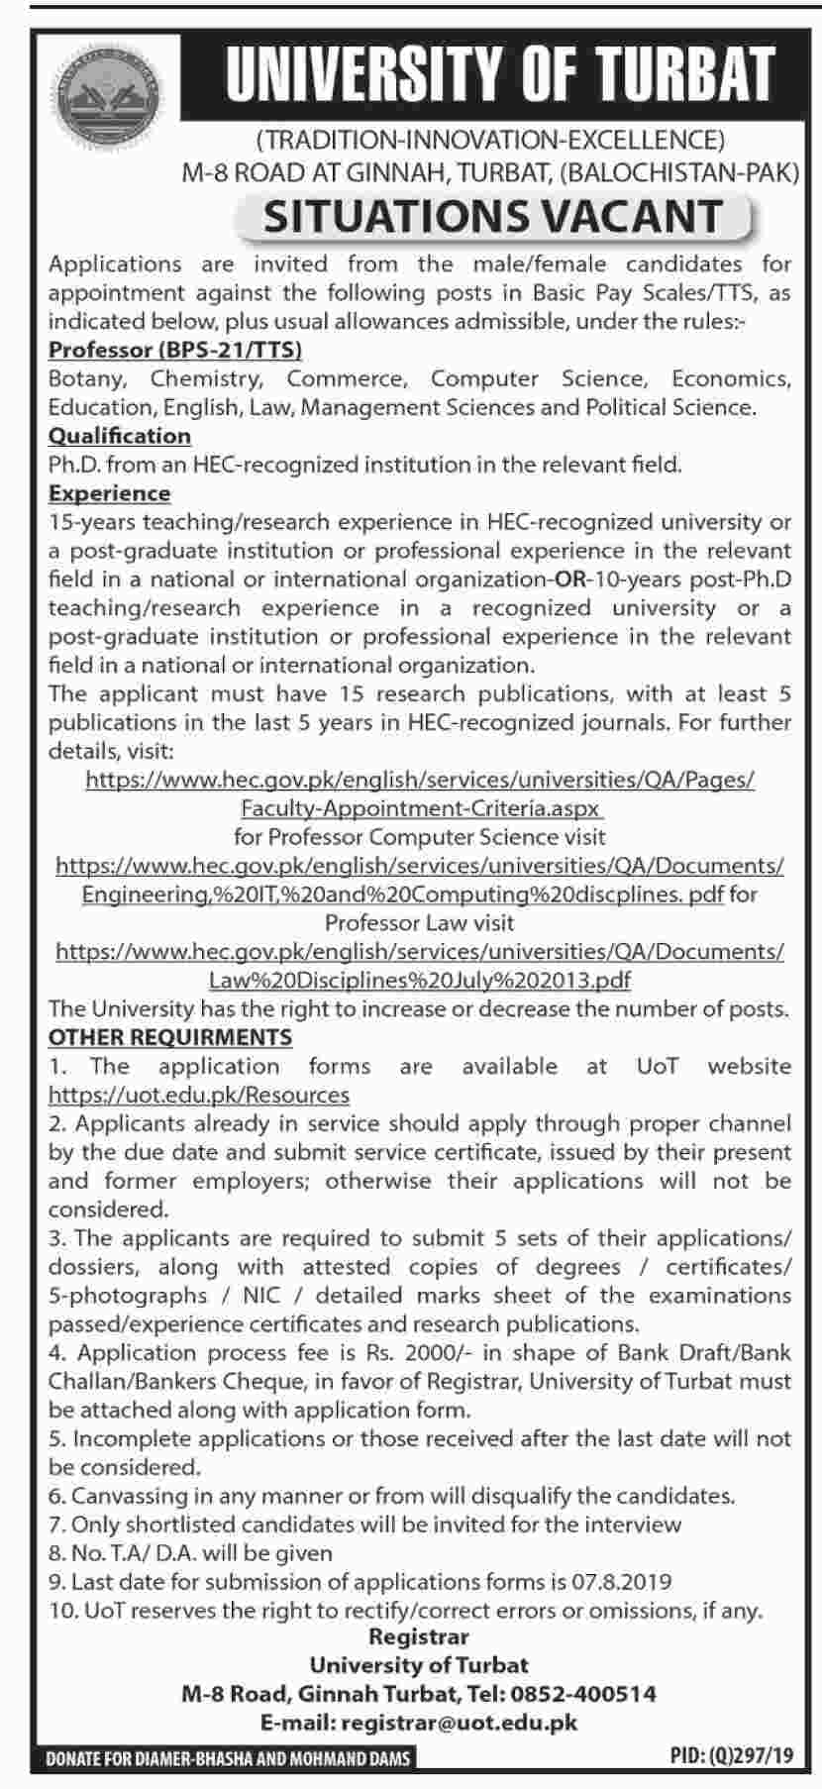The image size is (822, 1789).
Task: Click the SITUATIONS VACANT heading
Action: (x=492, y=216)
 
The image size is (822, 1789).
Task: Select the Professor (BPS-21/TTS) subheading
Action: (x=175, y=350)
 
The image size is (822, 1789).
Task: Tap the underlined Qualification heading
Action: (x=120, y=436)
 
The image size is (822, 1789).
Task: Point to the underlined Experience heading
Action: (x=109, y=493)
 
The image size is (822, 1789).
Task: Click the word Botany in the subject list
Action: (x=86, y=378)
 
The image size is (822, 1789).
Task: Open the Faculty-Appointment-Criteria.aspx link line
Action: (x=420, y=808)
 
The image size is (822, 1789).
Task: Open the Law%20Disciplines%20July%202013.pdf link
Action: (x=420, y=981)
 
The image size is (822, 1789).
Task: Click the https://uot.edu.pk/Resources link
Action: (x=198, y=1096)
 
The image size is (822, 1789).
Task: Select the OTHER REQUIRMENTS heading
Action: (x=170, y=1037)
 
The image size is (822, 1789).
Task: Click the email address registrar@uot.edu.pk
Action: (x=459, y=1724)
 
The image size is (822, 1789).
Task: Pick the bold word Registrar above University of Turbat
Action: (x=419, y=1637)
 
